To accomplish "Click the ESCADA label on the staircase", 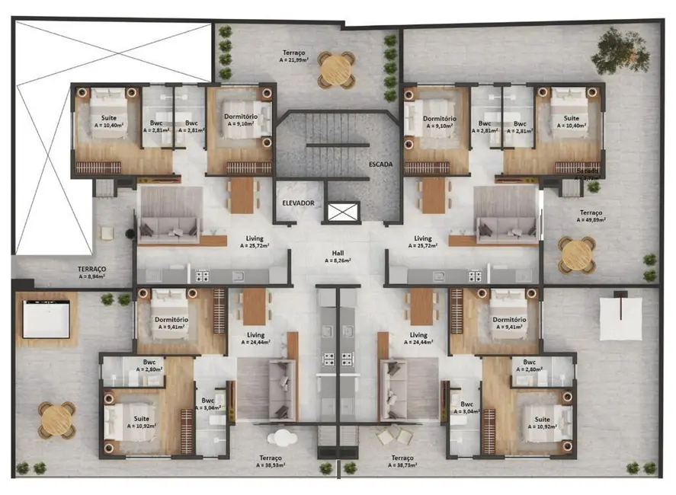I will click(380, 164).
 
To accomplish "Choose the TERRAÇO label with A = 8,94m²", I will click(92, 273).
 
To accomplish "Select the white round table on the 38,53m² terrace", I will click(284, 439).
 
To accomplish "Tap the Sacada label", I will click(588, 172).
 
